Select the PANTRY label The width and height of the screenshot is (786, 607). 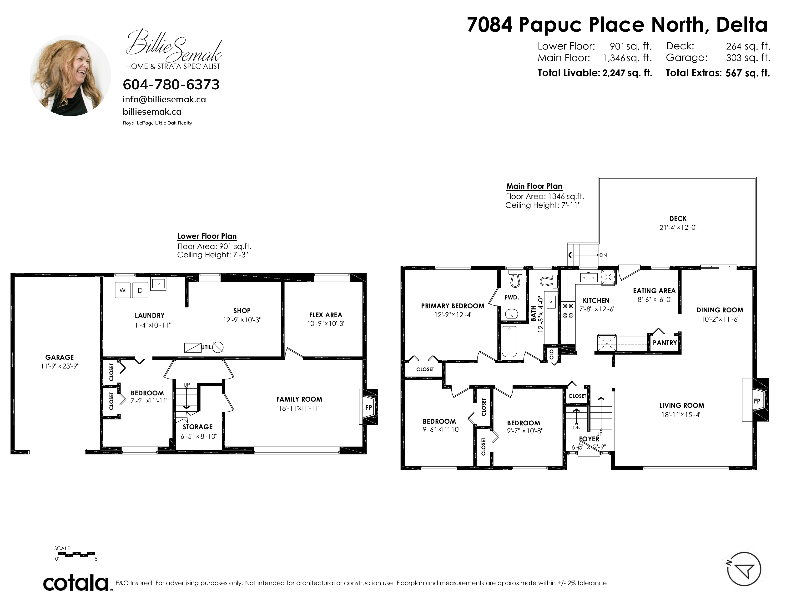[665, 343]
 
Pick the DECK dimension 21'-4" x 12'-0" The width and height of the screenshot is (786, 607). [678, 227]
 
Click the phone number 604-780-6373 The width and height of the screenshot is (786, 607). [171, 85]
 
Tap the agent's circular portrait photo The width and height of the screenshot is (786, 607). [70, 75]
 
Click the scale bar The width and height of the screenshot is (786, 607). [76, 554]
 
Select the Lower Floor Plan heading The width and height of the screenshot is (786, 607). [207, 236]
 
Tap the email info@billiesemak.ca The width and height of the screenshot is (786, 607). [165, 99]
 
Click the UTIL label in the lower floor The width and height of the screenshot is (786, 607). [206, 347]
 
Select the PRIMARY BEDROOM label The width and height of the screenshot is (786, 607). [453, 306]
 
